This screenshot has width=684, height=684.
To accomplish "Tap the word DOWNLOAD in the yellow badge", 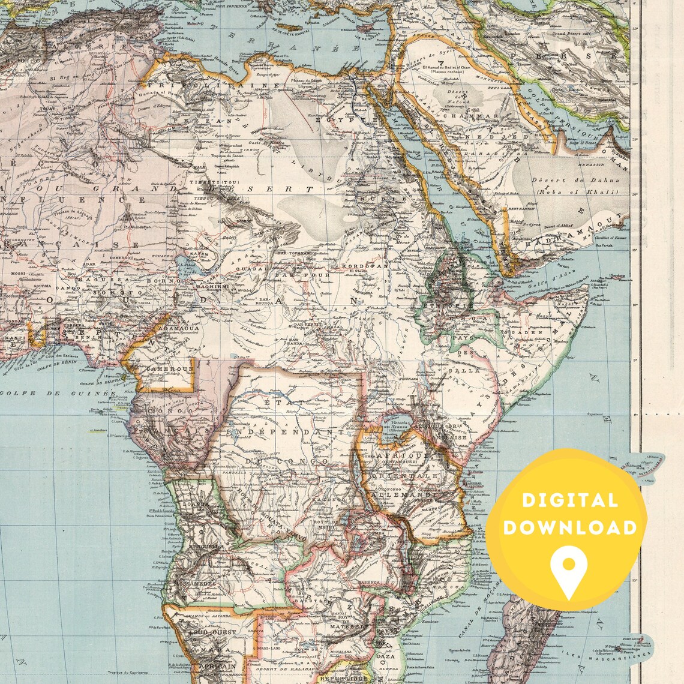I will (x=569, y=527).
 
